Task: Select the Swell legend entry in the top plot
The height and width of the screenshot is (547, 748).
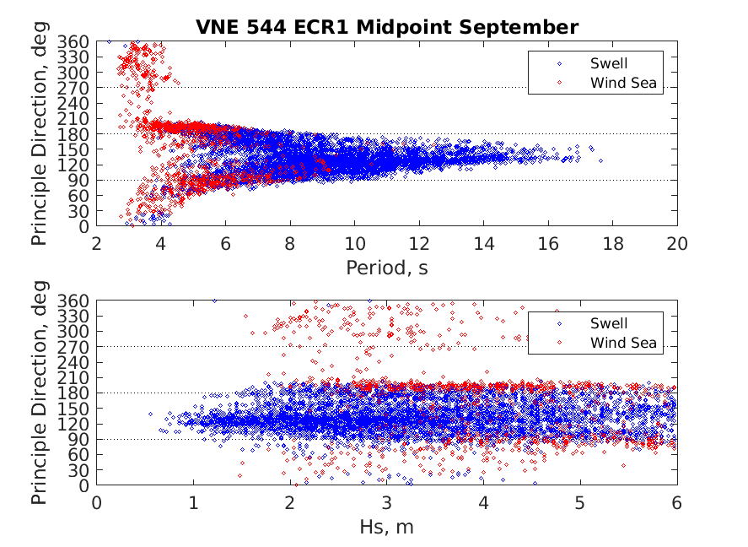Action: coord(608,62)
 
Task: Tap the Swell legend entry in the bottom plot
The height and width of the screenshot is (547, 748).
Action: coord(608,322)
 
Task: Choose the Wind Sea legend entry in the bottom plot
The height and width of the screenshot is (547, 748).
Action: coord(622,343)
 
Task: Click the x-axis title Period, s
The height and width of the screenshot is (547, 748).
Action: coord(387,268)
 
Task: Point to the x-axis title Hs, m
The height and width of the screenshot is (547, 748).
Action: coord(387,528)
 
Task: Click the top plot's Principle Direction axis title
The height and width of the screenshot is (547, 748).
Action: coord(40,134)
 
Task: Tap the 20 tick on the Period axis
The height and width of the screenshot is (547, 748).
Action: coord(677,243)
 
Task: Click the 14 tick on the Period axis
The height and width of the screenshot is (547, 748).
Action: coord(484,243)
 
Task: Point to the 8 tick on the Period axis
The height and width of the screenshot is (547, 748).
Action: coord(291,243)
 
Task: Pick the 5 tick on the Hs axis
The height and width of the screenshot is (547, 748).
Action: coord(580,503)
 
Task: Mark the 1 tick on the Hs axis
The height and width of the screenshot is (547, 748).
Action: coord(194,503)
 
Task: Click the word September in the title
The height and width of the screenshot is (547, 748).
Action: coord(526,26)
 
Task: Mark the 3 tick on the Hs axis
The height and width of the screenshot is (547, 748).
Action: coord(387,503)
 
